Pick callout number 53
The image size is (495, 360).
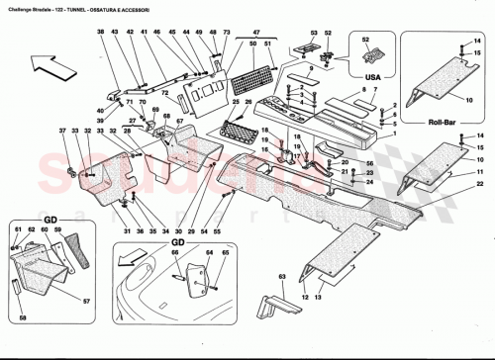[x=314, y=36]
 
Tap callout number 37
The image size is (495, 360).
[x=61, y=133]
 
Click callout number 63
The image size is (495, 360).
[x=281, y=277]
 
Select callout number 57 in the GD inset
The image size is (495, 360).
[x=86, y=301]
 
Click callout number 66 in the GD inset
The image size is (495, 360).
[x=176, y=254]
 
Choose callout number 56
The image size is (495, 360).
[x=367, y=162]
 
